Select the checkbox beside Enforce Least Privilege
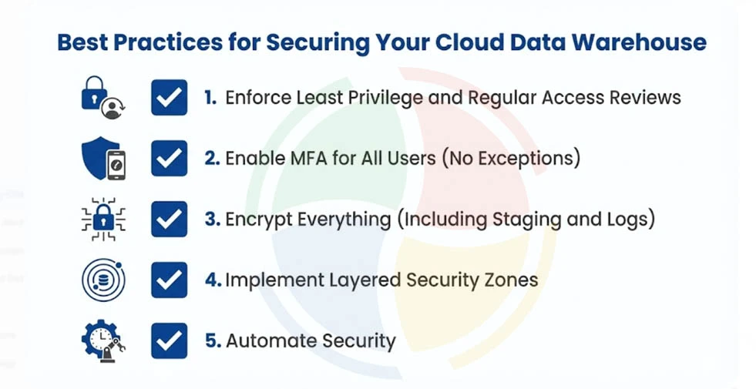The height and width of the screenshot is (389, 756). click(169, 98)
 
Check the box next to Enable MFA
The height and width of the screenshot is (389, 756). click(169, 158)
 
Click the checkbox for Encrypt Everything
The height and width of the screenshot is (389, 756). click(169, 219)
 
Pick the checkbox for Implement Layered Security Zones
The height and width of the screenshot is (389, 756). click(169, 279)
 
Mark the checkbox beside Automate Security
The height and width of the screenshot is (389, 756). click(169, 340)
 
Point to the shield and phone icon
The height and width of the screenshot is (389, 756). click(103, 159)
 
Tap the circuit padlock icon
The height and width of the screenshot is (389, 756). click(103, 220)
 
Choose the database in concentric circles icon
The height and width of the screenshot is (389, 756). click(103, 280)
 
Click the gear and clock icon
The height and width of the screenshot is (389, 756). click(103, 340)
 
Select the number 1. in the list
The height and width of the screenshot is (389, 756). click(210, 98)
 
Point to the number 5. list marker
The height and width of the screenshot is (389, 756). click(212, 340)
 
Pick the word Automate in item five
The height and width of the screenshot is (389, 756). click(265, 340)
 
